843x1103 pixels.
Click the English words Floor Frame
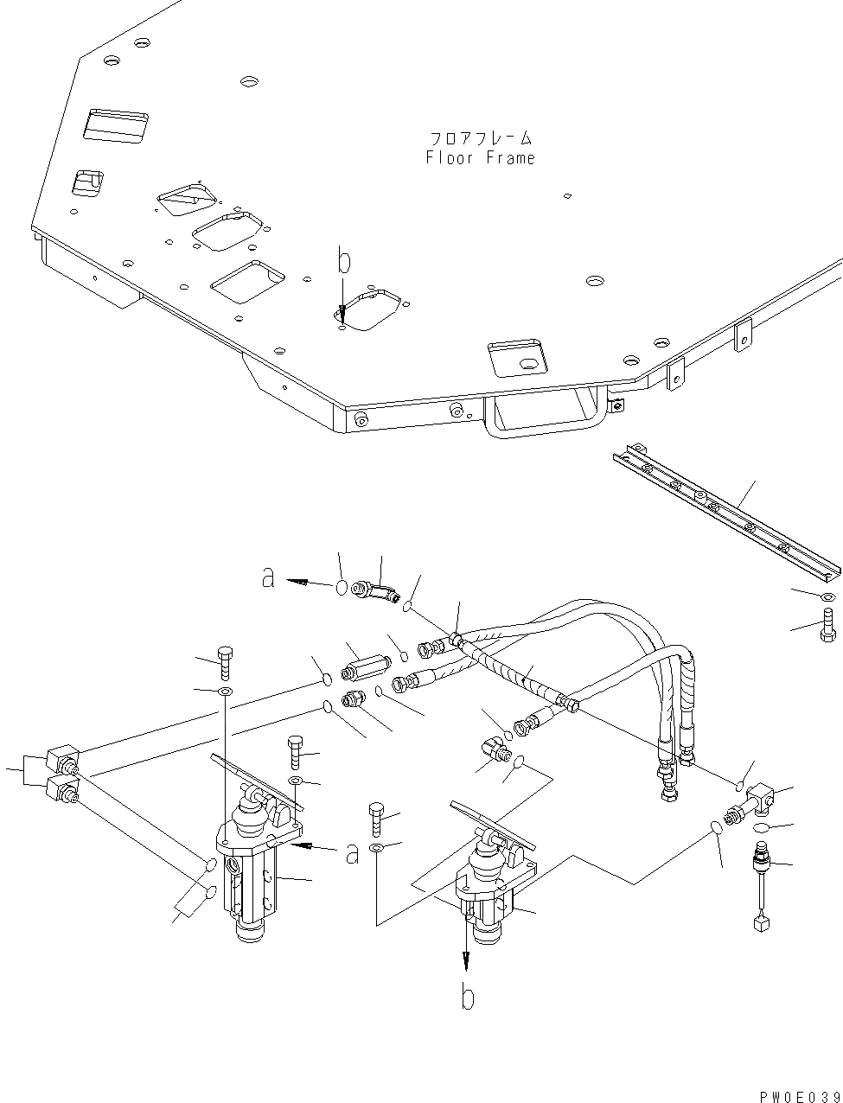point(480,158)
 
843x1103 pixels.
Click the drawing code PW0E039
point(801,1096)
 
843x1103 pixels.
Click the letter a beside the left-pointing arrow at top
point(269,578)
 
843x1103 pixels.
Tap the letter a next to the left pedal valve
point(352,853)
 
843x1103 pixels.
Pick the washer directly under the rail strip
point(827,597)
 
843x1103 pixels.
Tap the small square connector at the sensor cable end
point(761,925)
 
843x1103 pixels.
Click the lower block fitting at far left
point(65,788)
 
